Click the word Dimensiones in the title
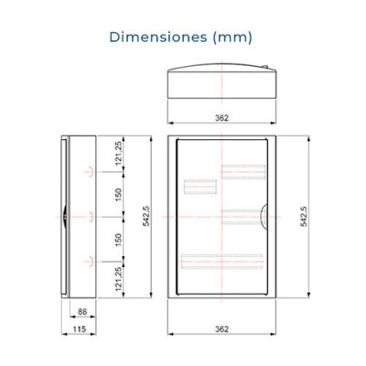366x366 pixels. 158,38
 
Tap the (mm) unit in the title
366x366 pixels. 232,38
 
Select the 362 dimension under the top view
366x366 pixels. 221,118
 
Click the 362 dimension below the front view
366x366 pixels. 221,329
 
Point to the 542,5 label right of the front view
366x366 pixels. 304,216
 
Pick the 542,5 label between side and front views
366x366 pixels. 146,216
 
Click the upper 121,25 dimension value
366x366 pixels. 119,154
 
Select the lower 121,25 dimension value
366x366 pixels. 119,279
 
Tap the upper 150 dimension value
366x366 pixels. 119,195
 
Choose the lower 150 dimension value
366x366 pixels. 119,240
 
